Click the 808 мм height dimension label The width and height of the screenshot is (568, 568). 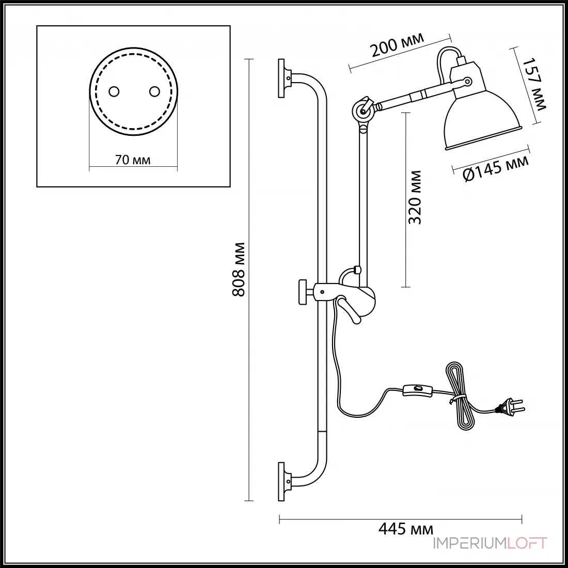pos(239,270)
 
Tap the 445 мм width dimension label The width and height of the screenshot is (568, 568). pos(406,529)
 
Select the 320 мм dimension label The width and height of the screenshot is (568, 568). pos(415,197)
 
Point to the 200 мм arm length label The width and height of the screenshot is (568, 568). pos(397,45)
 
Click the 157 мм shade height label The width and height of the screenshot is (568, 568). pos(533,84)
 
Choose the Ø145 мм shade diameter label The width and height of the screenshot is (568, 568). pos(496,169)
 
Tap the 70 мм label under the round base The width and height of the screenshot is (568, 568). pos(133,160)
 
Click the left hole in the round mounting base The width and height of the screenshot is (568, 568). pos(114,91)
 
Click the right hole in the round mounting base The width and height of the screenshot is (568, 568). pos(155,91)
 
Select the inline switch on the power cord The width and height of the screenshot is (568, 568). pos(418,390)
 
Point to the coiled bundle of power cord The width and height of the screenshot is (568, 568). pos(460,396)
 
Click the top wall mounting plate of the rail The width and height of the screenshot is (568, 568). pos(281,78)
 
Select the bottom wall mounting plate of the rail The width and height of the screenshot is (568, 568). pos(281,481)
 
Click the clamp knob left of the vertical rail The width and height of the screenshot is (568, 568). pos(302,292)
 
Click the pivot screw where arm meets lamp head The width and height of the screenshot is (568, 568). pos(468,82)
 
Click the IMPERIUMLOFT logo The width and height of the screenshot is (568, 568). pos(490,543)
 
